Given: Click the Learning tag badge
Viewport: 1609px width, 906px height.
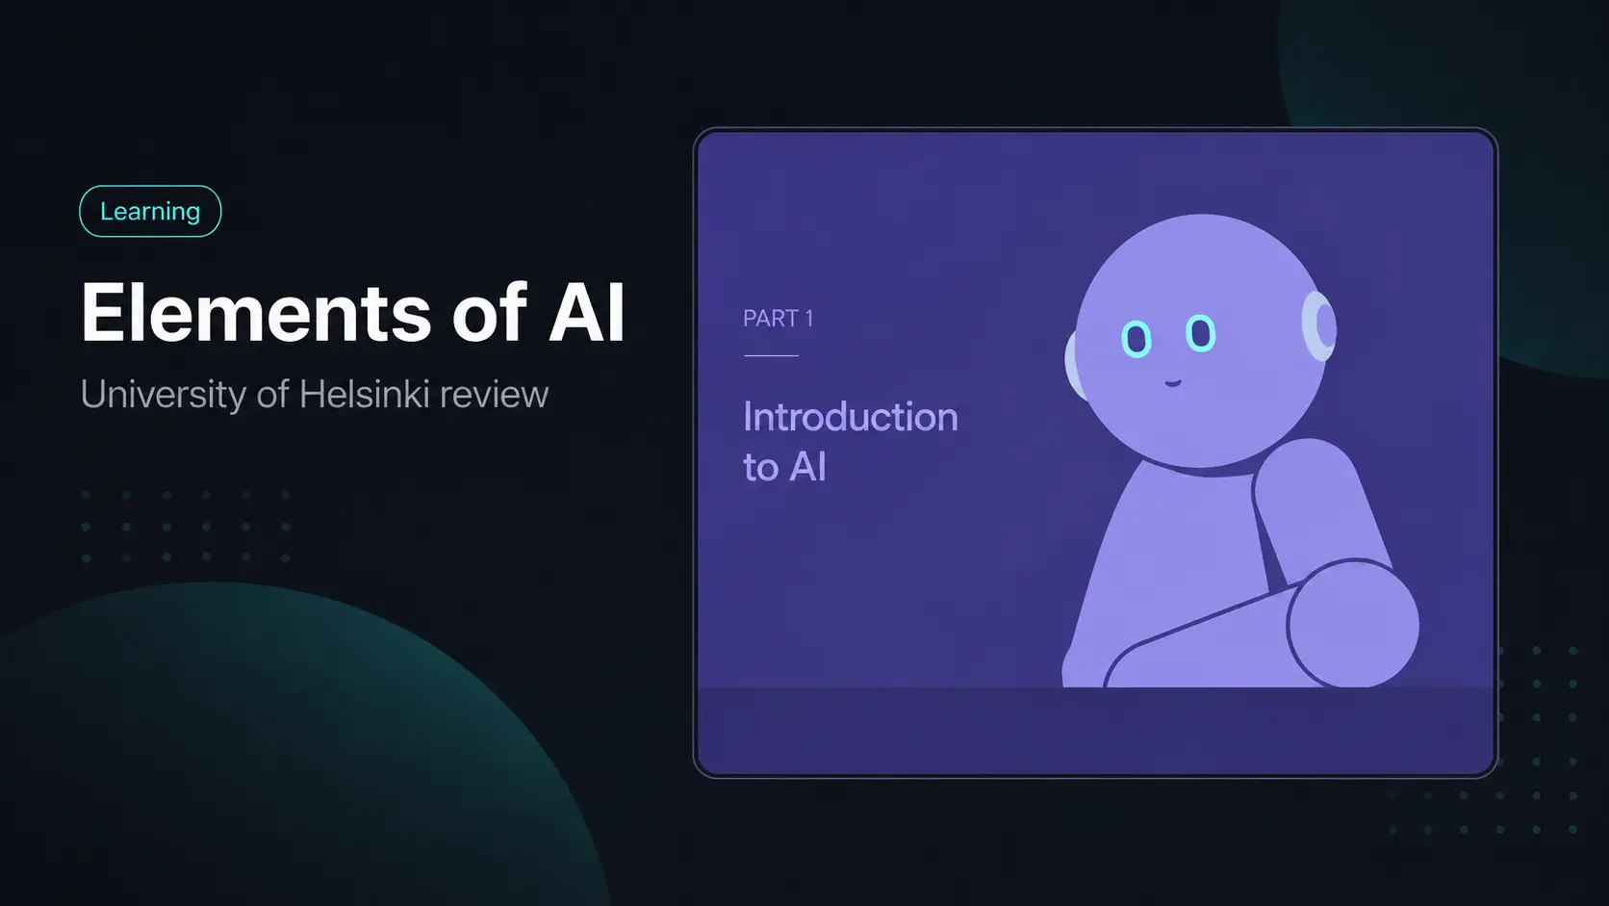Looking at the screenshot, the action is tap(150, 211).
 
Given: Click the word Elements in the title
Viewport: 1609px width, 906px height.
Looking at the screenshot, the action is tap(256, 313).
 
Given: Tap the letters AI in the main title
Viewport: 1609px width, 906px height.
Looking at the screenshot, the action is tap(586, 313).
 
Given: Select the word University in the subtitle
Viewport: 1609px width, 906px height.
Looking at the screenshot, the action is tap(163, 395).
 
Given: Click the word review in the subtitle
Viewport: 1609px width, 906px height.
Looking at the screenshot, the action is tap(495, 395).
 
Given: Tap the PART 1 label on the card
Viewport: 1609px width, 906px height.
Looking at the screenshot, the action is tap(778, 319).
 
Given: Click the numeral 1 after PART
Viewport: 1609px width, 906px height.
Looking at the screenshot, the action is tap(808, 319).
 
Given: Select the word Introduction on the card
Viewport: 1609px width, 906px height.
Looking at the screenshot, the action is tap(851, 417).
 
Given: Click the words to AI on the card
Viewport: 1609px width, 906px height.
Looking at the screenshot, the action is tap(784, 467).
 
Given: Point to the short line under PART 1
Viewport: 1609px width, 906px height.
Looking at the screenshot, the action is tap(772, 355).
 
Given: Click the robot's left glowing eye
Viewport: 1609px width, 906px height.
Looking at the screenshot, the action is tap(1137, 338).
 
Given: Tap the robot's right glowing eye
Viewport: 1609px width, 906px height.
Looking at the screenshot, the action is tap(1200, 333).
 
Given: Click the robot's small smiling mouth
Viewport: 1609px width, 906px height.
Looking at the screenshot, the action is tap(1172, 383).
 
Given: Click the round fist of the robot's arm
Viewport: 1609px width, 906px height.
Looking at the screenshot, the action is tap(1353, 624).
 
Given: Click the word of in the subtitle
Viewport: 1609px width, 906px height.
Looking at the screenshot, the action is tap(273, 394).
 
